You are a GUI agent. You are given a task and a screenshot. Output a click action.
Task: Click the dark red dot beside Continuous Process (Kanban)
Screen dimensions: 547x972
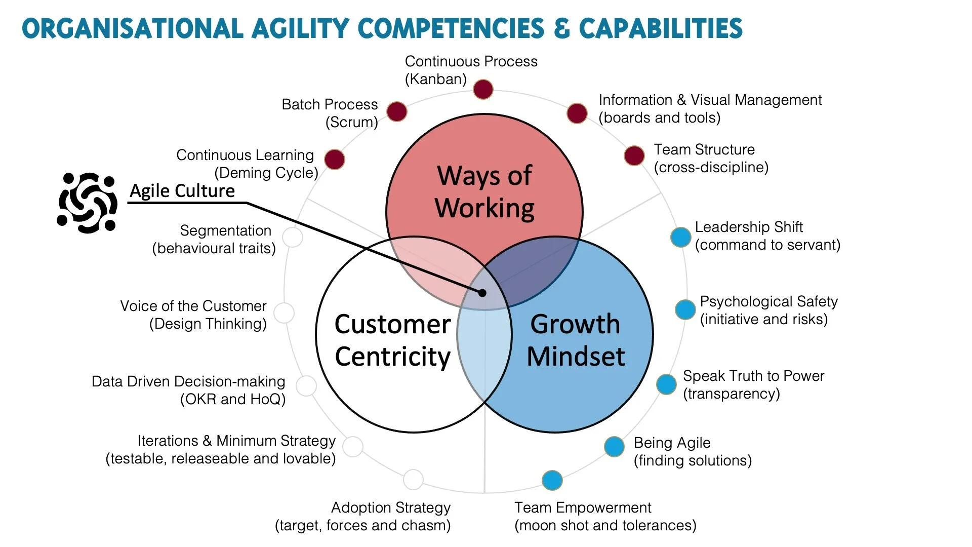pos(483,90)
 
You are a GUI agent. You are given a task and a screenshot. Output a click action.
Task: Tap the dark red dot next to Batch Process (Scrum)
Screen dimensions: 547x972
pos(397,111)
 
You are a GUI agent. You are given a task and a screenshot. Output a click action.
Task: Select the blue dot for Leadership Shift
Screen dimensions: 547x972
pos(681,237)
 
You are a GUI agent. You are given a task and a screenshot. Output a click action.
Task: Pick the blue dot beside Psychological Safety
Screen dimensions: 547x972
pos(685,309)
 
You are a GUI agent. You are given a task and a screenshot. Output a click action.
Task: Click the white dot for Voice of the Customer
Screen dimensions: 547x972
pos(285,313)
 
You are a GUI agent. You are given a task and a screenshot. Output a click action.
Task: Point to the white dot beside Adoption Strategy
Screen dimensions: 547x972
pos(413,479)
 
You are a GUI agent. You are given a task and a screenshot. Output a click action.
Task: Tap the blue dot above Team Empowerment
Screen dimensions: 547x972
pos(552,480)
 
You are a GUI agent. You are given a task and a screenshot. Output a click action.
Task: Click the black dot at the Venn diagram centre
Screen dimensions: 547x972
pos(482,293)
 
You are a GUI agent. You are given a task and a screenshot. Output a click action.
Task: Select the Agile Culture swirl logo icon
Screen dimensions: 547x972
pos(88,203)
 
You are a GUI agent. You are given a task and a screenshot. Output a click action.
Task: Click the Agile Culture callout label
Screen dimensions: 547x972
pos(182,191)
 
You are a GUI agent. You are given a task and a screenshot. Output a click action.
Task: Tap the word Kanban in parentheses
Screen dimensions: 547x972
pos(436,80)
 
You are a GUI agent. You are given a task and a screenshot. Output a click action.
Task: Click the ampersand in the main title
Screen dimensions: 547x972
pos(561,29)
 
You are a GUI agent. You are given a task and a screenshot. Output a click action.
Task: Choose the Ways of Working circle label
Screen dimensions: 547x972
pos(484,192)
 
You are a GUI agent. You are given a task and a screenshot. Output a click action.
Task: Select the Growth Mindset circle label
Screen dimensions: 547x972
pos(576,340)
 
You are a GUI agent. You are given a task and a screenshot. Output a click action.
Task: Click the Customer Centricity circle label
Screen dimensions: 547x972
pos(392,340)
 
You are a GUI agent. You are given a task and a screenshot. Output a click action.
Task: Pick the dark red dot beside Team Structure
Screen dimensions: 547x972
pos(634,155)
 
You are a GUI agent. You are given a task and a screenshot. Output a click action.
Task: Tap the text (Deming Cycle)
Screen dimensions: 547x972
pos(266,173)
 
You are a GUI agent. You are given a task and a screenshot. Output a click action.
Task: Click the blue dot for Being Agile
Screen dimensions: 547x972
pos(614,446)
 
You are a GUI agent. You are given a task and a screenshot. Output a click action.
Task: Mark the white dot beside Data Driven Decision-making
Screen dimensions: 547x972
pos(306,386)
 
